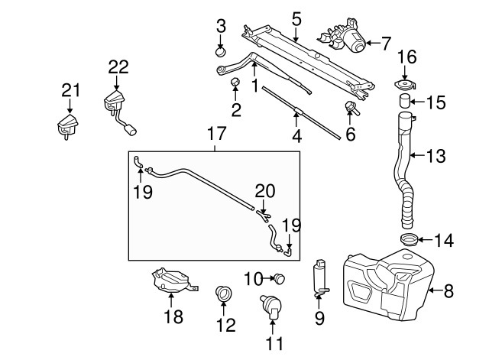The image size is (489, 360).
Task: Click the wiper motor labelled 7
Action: click(x=343, y=37)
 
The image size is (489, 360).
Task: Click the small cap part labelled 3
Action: click(x=221, y=51)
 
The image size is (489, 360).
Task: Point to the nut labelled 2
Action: click(x=235, y=83)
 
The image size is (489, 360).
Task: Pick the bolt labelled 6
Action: click(x=351, y=107)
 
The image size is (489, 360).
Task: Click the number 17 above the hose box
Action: click(x=216, y=134)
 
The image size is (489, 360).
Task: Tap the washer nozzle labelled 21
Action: click(x=68, y=126)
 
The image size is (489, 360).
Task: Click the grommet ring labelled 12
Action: click(x=222, y=294)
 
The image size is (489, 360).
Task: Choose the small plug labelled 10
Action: click(x=280, y=278)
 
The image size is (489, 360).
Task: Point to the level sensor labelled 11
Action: click(x=271, y=307)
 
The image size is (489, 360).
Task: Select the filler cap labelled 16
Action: click(x=405, y=85)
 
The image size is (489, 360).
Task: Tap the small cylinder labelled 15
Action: click(x=404, y=100)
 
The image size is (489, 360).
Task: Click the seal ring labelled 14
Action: click(x=408, y=239)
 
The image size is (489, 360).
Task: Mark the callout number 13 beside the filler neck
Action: click(x=436, y=156)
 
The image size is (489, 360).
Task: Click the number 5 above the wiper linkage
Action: click(x=296, y=19)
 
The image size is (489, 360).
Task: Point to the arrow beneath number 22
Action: click(x=117, y=83)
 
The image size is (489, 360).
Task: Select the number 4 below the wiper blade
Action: click(x=297, y=136)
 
